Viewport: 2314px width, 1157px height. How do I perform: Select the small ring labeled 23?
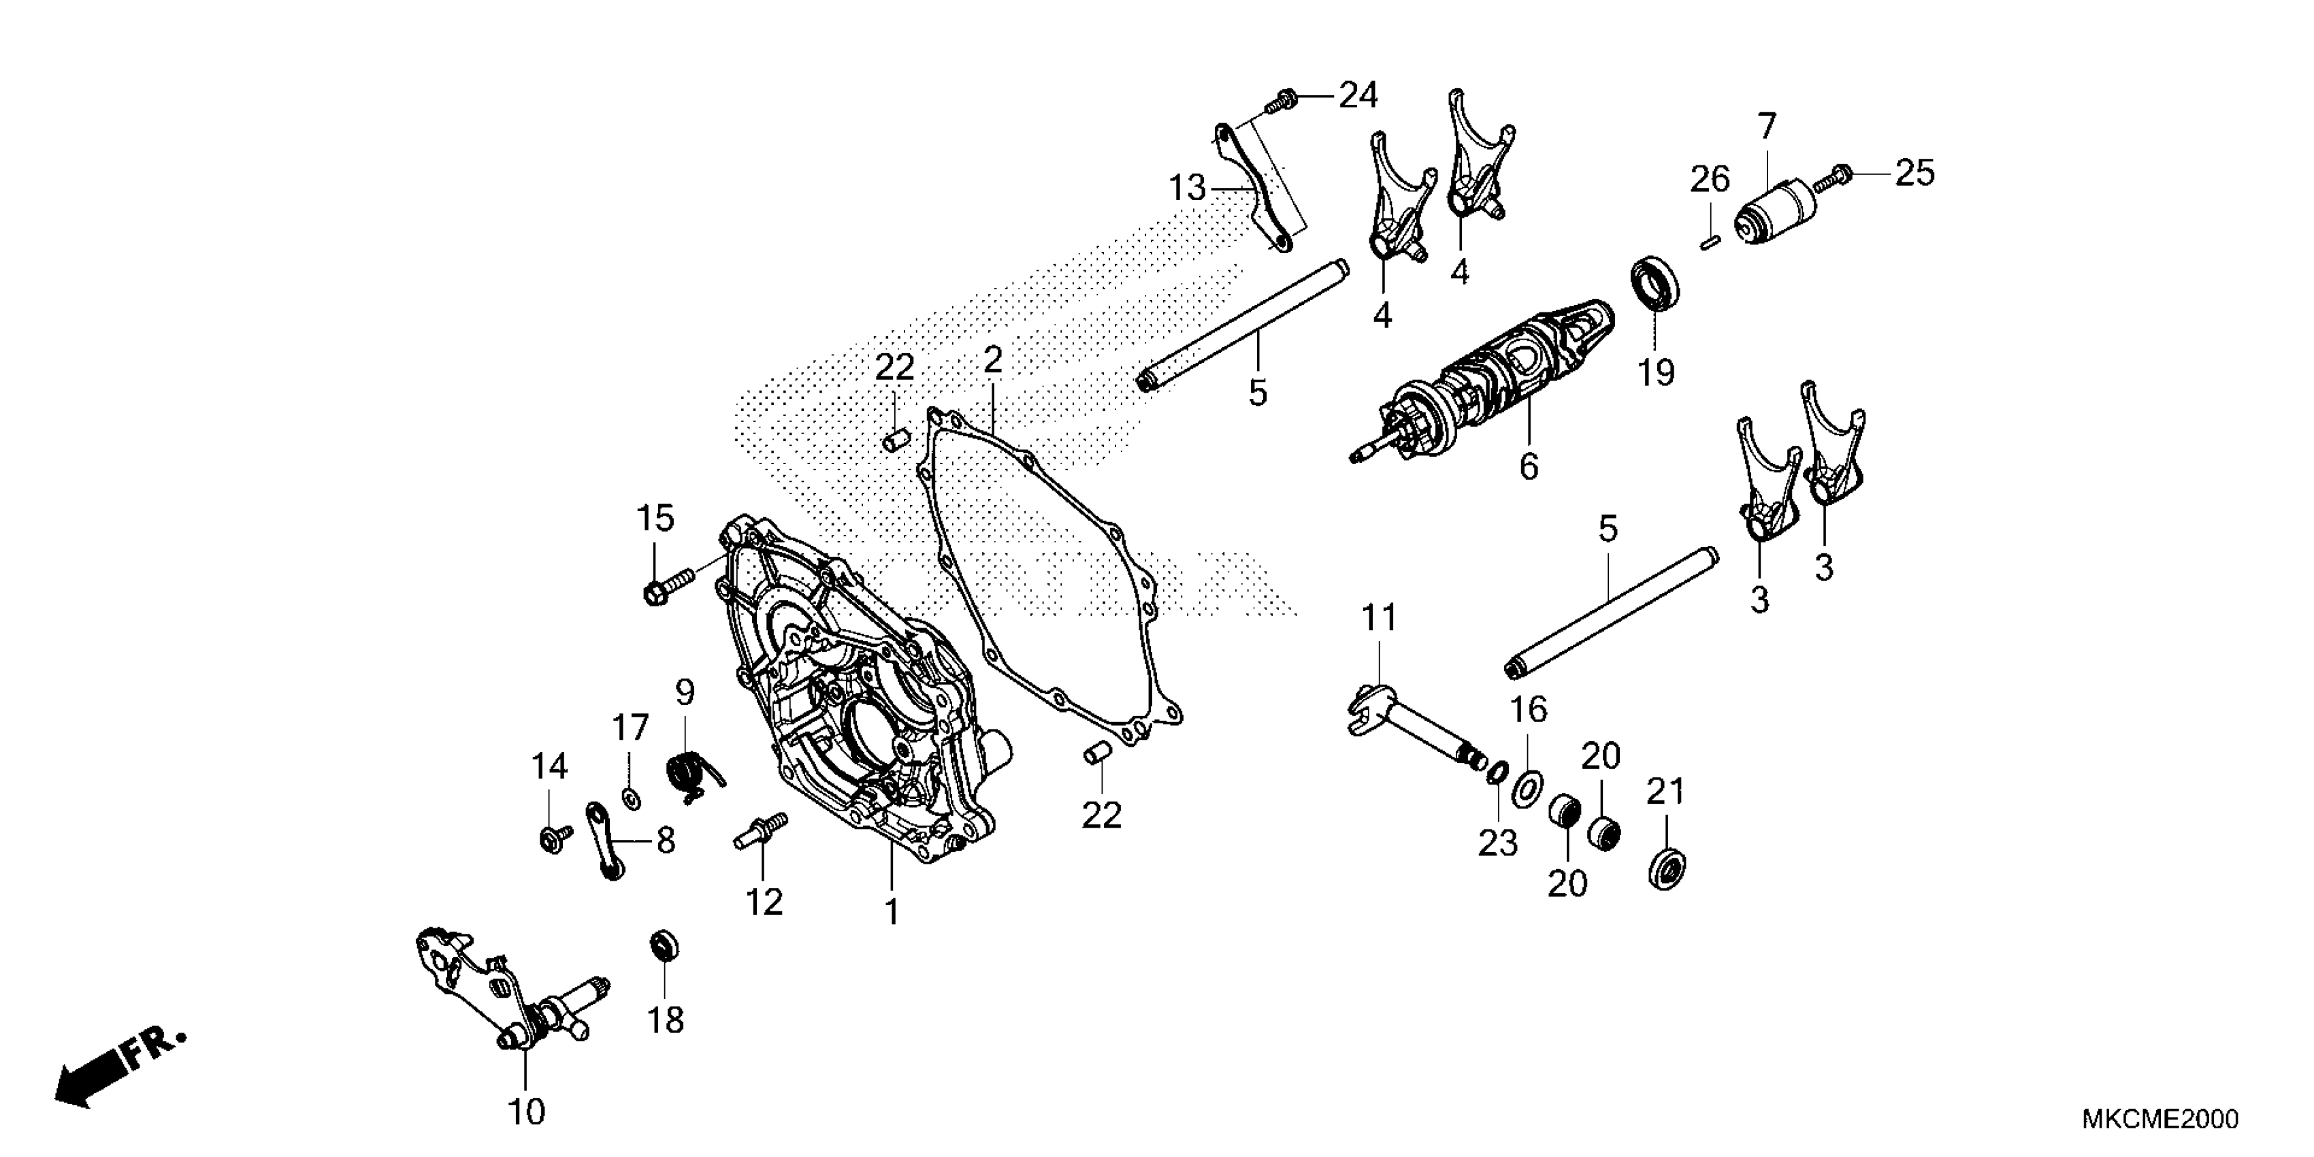coord(1496,772)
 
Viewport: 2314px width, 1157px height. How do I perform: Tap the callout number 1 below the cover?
coord(891,913)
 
